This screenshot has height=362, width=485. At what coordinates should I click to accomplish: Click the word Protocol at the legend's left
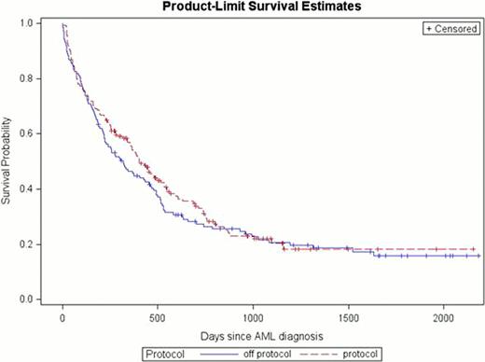(164, 353)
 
